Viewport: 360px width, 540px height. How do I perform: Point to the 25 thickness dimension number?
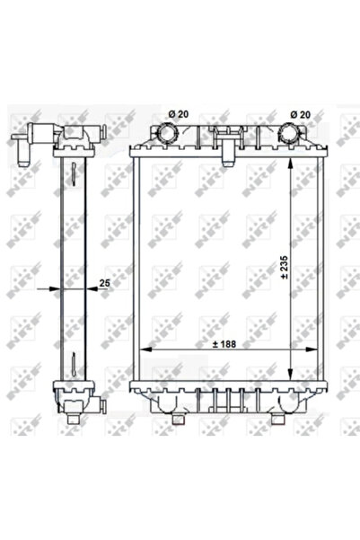(x=104, y=282)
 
